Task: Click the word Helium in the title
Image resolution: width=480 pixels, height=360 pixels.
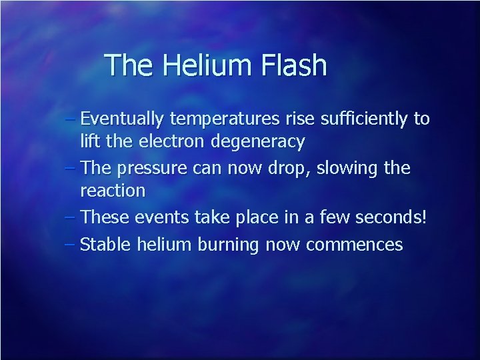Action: point(199,65)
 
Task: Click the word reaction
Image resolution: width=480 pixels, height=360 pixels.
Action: point(112,191)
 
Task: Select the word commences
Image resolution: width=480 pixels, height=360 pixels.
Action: point(354,245)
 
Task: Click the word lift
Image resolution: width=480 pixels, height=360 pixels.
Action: point(89,141)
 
